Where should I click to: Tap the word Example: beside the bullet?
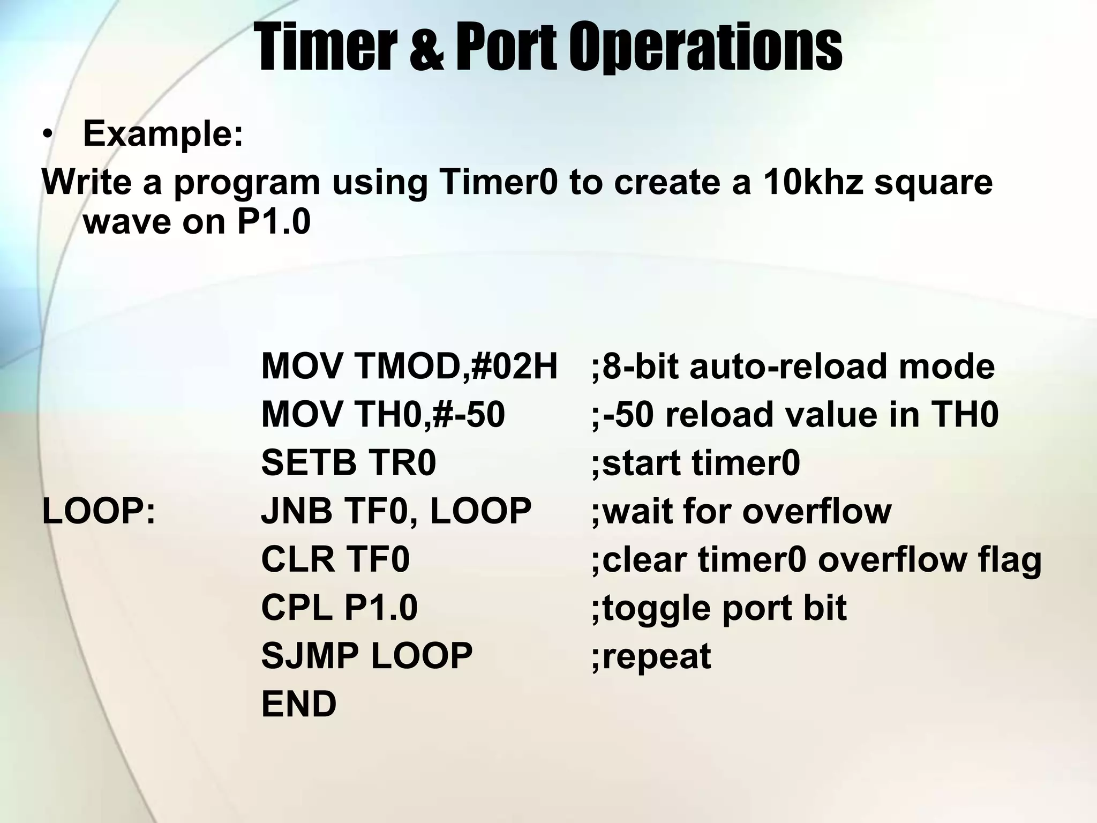[163, 133]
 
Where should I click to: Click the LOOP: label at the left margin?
[99, 511]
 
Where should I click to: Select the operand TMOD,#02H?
[456, 366]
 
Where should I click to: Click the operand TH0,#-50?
[429, 415]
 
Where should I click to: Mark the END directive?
[299, 704]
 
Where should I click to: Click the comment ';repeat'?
[651, 657]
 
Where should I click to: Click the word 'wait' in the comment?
[637, 511]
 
